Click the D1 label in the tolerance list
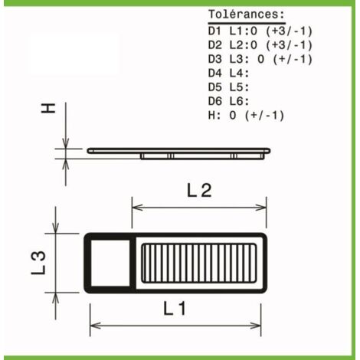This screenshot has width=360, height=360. tap(214, 31)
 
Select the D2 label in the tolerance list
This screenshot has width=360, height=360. tap(214, 45)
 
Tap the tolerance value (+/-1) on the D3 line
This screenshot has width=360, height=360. tap(293, 60)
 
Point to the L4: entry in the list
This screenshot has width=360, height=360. tap(239, 74)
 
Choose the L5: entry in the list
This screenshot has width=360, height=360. tap(239, 87)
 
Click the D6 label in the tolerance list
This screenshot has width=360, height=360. tap(214, 102)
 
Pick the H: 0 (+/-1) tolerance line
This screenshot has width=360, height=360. tap(247, 116)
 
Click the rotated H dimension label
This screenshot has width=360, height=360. tap(48, 108)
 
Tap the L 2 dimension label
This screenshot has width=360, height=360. tap(199, 191)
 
